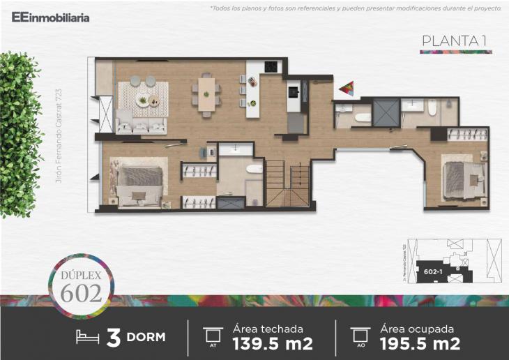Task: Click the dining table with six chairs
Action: [x=206, y=93]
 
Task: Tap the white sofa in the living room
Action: [x=142, y=126]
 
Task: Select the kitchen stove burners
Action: [x=271, y=68]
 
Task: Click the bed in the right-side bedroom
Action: [x=462, y=179]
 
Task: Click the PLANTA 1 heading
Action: [x=454, y=41]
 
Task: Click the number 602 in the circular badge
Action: [x=81, y=293]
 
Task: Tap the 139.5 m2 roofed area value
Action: [x=273, y=343]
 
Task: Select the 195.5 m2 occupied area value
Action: [x=420, y=343]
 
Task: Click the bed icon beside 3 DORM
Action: [x=89, y=337]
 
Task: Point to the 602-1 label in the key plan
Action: [x=432, y=271]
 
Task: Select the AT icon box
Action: [x=212, y=336]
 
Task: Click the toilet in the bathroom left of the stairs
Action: [x=254, y=168]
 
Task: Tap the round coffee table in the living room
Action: [x=144, y=100]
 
